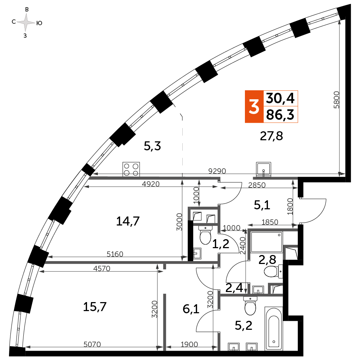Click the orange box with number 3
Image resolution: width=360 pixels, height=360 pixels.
[x=254, y=107]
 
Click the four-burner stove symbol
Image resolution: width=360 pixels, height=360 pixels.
[x=131, y=169]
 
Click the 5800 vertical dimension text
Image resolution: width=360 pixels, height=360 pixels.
[x=336, y=102]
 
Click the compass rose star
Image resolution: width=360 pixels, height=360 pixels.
[x=26, y=23]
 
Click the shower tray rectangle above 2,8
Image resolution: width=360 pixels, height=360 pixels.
[x=266, y=242]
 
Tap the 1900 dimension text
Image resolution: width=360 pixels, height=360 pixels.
[x=189, y=344]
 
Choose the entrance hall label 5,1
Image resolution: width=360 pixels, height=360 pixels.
[x=262, y=205]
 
